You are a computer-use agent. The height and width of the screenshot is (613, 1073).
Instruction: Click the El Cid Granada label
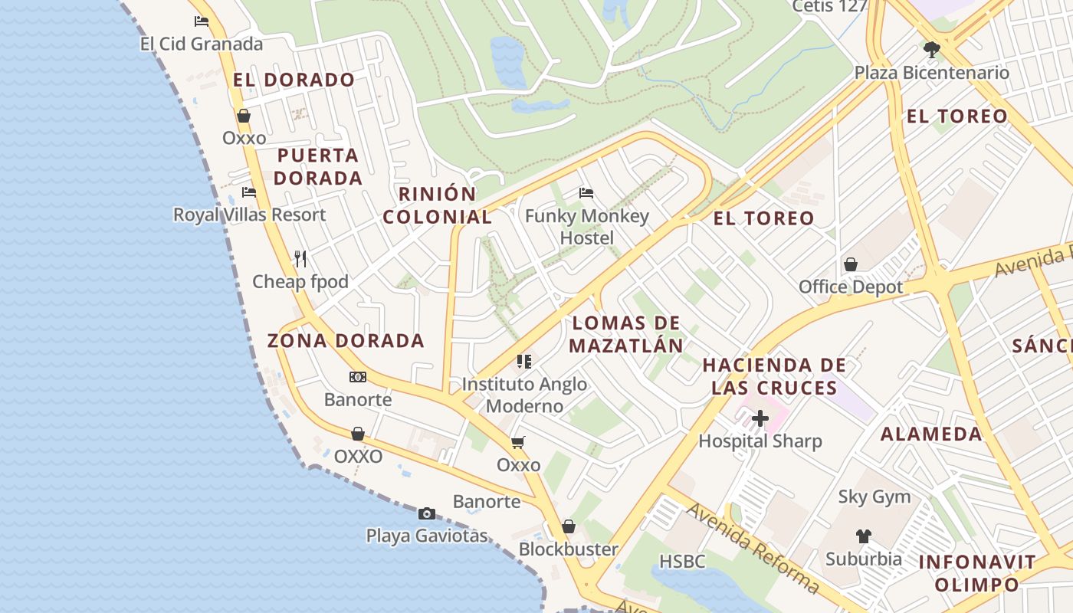point(201,44)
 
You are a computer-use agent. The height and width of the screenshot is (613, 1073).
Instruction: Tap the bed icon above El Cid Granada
point(202,21)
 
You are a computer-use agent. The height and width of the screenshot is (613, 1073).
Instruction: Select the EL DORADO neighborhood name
point(294,80)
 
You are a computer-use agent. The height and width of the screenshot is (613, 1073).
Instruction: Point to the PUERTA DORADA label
point(318,166)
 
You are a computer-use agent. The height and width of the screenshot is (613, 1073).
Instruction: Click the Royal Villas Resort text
point(249,215)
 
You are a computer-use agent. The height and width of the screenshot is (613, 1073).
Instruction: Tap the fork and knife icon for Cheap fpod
point(300,259)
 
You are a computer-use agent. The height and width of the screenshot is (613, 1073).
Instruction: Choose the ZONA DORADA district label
point(346,341)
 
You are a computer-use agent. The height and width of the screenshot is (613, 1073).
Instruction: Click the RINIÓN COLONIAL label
point(438,205)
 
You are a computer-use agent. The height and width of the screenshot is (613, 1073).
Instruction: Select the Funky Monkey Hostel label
point(587,227)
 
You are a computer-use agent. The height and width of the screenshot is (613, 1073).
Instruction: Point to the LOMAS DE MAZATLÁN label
point(626,334)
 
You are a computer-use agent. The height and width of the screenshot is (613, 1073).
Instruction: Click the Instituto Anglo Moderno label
point(525,395)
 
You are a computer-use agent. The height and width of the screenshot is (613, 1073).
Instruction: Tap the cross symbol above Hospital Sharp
point(760,418)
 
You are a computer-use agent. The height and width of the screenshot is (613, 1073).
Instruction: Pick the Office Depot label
point(851,287)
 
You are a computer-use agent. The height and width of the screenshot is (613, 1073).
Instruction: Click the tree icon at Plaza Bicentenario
point(932,50)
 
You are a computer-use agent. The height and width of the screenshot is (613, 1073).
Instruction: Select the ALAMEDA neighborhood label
point(931,434)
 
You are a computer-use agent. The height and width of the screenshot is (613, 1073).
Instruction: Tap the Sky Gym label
point(874,497)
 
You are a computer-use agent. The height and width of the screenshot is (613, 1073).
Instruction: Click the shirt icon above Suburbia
point(864,536)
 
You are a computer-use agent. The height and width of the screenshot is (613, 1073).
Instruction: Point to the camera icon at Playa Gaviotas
point(427,513)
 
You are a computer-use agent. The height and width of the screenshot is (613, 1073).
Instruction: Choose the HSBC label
point(682,562)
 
